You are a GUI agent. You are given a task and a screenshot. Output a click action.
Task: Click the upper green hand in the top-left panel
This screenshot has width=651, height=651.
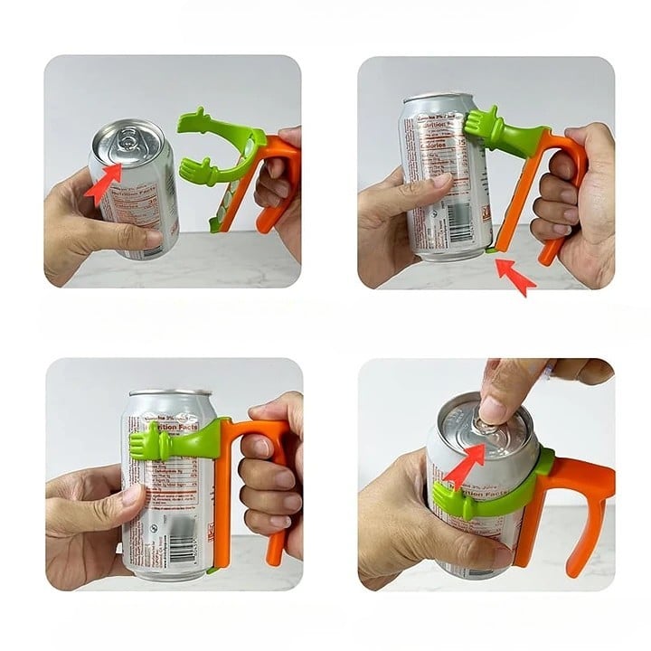(195, 121)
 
